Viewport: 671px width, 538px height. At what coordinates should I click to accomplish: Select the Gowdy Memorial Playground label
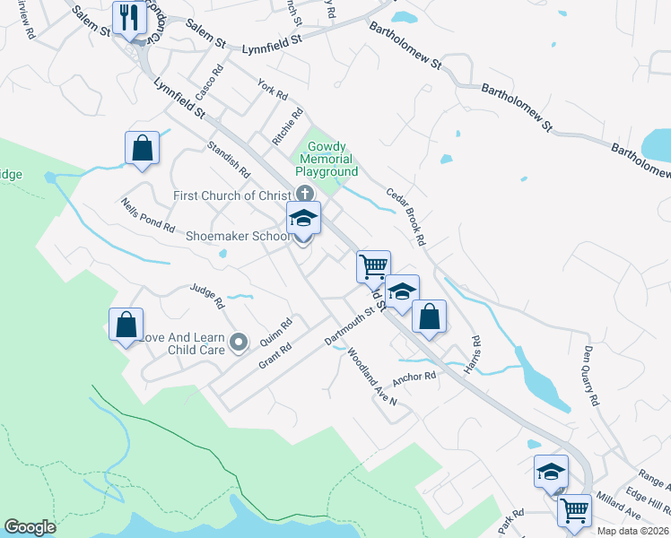[x=332, y=159]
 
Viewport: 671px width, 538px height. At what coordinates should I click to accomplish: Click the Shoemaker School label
[x=237, y=237]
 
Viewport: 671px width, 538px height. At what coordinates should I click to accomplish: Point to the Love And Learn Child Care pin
[x=239, y=342]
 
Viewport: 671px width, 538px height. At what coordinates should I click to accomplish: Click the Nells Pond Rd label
[x=148, y=215]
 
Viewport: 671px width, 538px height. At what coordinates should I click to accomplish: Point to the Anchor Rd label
[x=414, y=377]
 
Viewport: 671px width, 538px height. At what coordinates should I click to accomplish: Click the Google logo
[x=30, y=527]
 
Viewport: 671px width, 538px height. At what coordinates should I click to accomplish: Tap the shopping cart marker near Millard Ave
[x=574, y=510]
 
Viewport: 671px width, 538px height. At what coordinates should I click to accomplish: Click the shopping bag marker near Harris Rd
[x=430, y=316]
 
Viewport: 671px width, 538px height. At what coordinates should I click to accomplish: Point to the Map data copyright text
[x=633, y=531]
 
